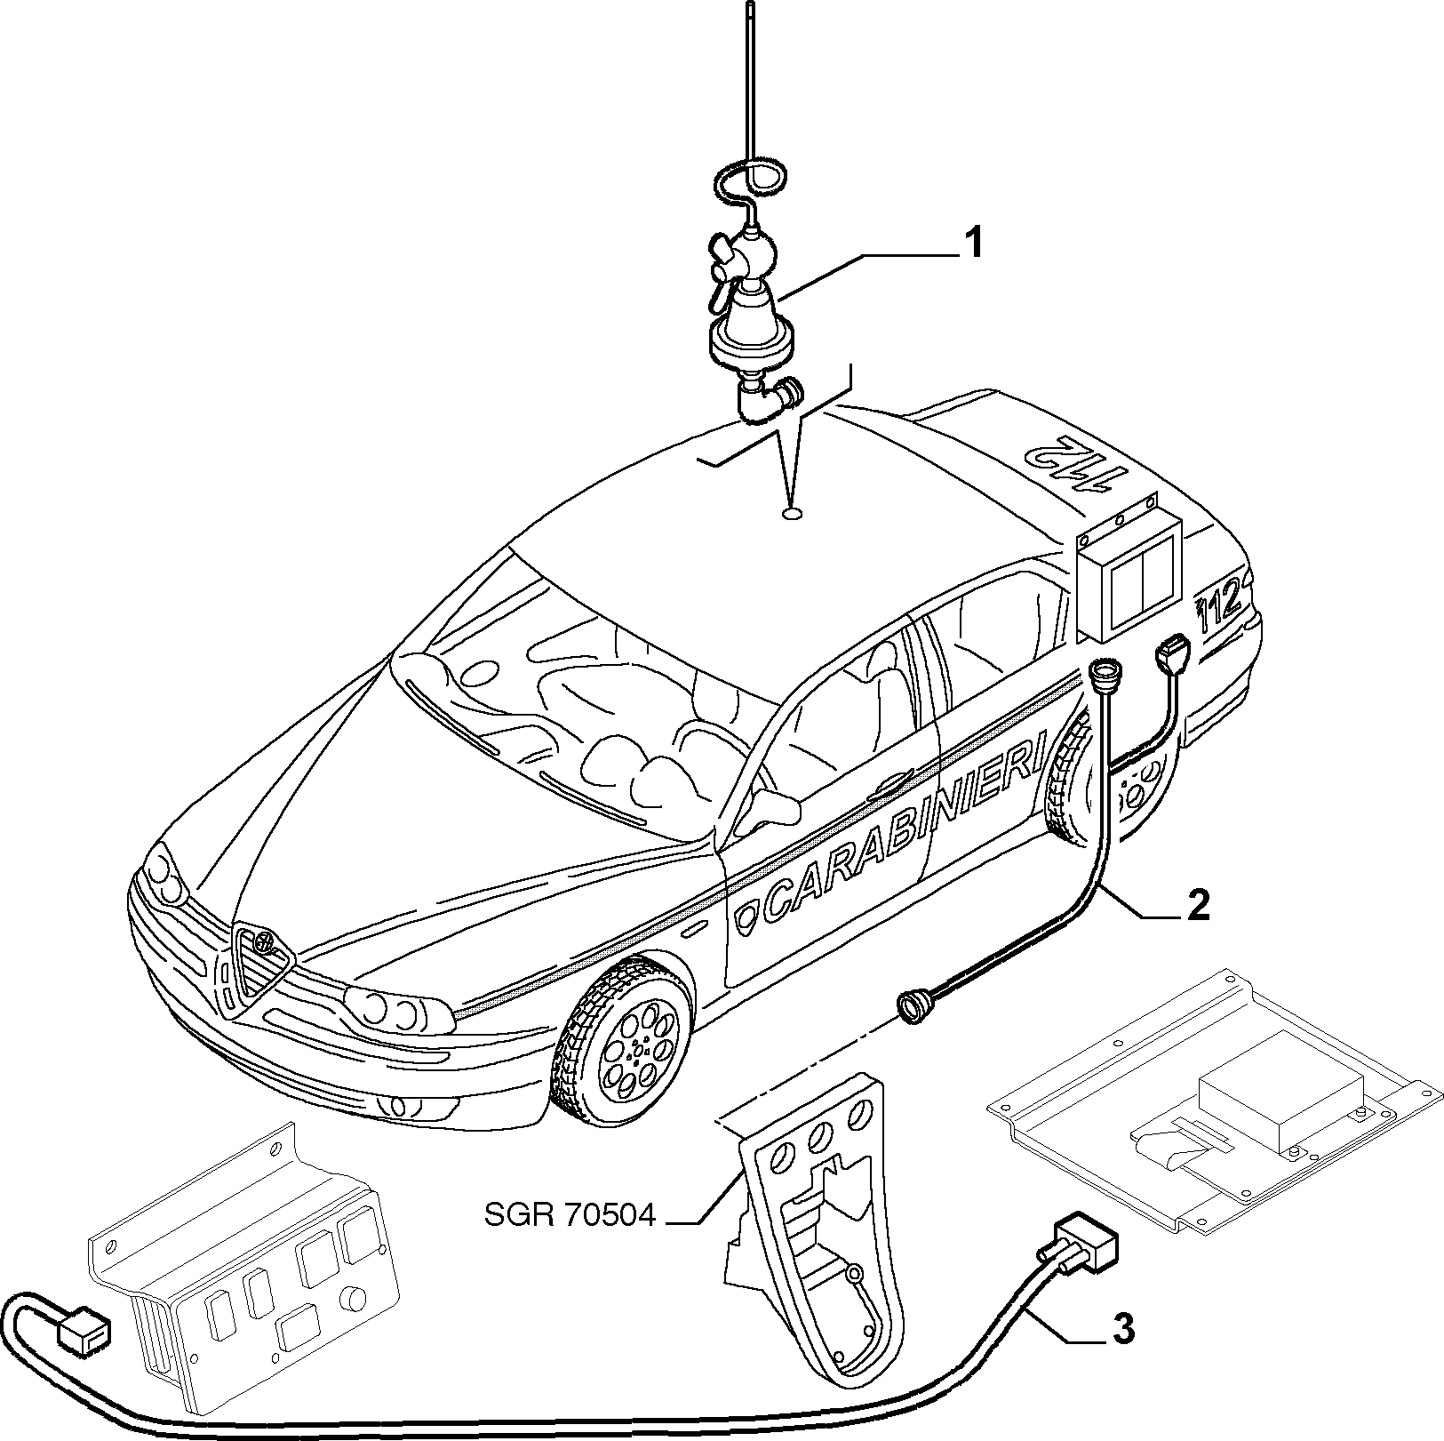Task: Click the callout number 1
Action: point(974,243)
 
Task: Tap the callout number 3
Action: point(1124,1330)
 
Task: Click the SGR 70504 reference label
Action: point(569,1214)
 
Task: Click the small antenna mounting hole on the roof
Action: point(792,513)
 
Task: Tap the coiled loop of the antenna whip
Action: point(749,181)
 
